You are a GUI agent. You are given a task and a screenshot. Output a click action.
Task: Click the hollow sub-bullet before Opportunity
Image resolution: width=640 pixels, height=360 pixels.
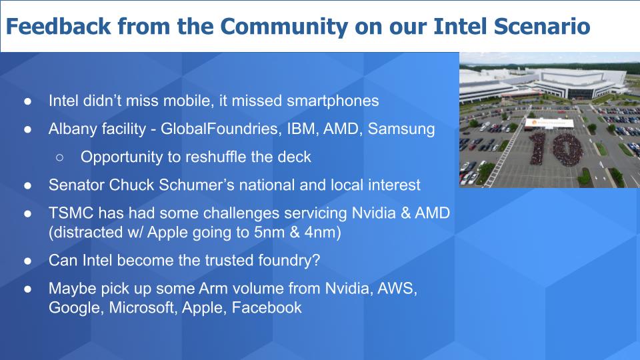click(x=59, y=157)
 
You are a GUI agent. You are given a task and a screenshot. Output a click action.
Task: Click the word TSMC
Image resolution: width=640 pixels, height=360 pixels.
click(x=68, y=213)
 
